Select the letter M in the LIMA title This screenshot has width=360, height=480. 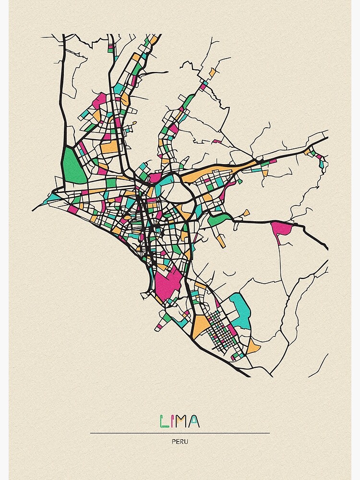tap(182, 421)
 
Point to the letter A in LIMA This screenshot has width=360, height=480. tap(194, 421)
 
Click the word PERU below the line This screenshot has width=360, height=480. tap(180, 442)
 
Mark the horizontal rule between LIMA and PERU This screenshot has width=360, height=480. tap(180, 433)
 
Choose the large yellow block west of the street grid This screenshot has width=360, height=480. tap(201, 326)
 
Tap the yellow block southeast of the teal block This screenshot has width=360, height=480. tap(253, 346)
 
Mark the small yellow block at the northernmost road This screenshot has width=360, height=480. tap(212, 72)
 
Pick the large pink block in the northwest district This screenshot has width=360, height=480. tap(99, 101)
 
